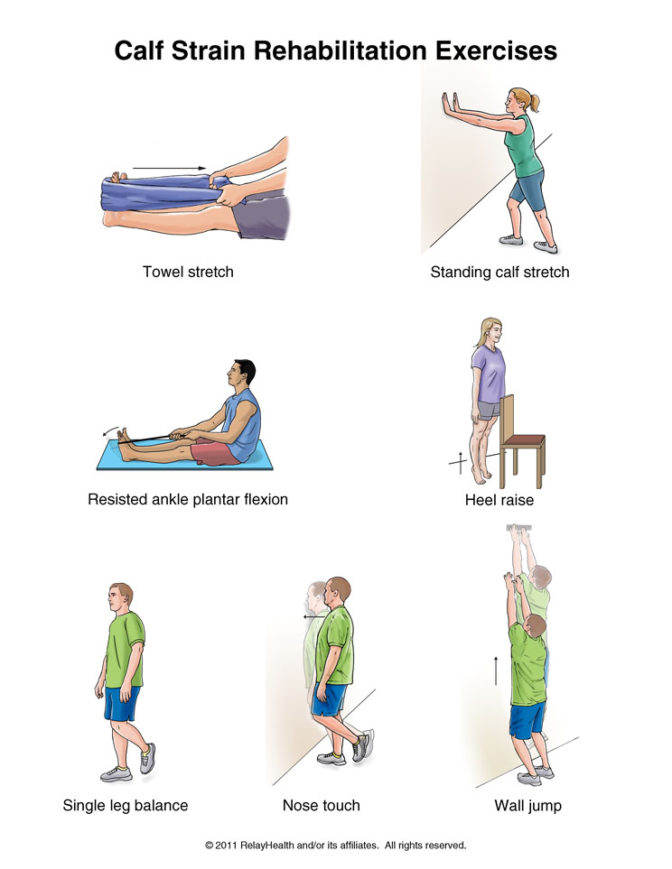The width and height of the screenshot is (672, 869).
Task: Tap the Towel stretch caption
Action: point(188,272)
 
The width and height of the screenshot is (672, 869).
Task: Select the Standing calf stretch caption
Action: point(499,272)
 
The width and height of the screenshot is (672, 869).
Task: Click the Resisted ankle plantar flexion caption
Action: point(188,499)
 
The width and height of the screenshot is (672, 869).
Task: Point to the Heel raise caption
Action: point(499,499)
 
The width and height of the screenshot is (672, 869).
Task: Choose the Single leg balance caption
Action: point(126,805)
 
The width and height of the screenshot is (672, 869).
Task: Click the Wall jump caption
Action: point(527,805)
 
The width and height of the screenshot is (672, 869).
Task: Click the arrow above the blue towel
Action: point(169,168)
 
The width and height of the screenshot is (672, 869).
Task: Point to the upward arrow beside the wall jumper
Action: point(496,670)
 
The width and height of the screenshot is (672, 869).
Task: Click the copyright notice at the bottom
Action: point(335,846)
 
